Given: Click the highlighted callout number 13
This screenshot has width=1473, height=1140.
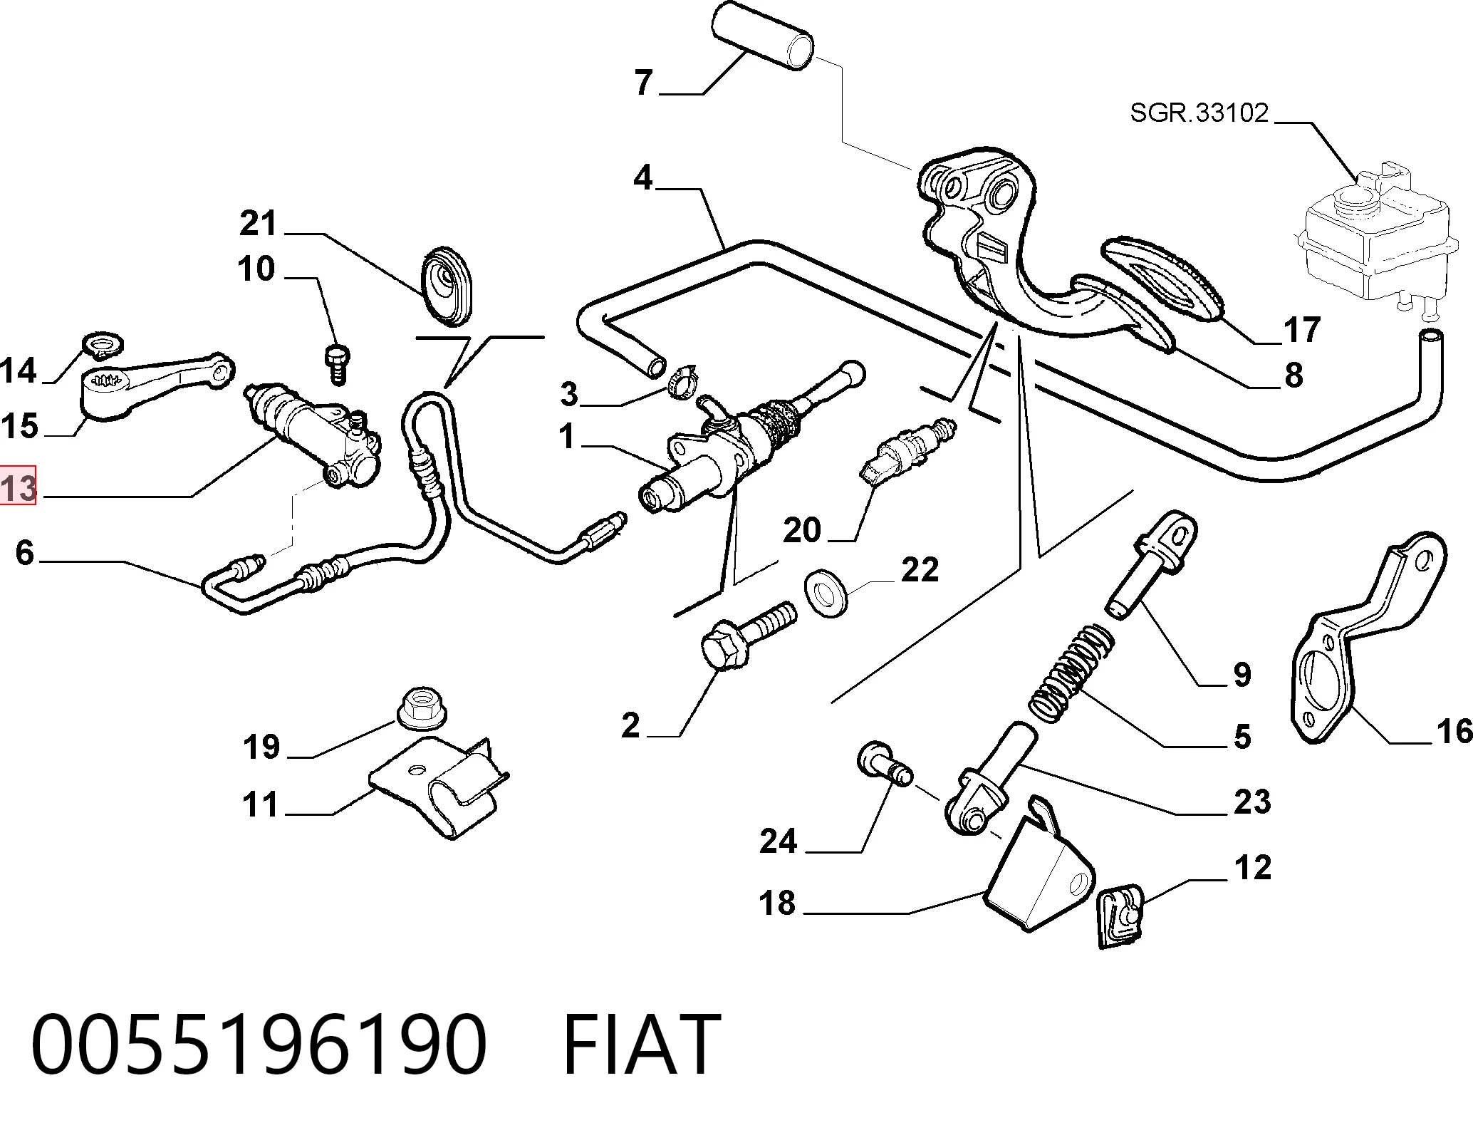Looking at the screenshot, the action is click(19, 488).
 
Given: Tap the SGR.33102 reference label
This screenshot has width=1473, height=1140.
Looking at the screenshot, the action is click(1199, 113).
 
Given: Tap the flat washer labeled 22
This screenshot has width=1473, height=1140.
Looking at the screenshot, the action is click(825, 592).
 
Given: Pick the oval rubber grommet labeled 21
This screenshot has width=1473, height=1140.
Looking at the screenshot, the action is click(446, 286).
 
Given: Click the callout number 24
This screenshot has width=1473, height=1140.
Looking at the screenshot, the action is click(778, 841).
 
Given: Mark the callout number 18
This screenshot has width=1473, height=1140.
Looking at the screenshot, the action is click(777, 903).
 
